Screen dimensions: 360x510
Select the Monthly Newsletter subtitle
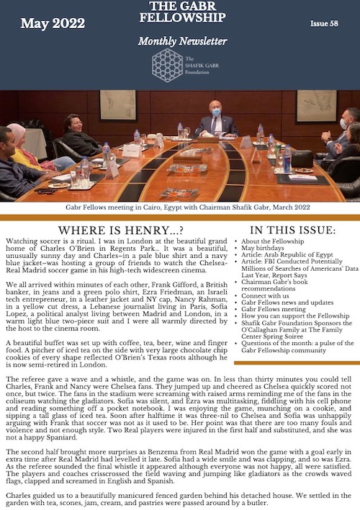point(182,41)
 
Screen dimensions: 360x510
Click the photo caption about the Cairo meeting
point(179,207)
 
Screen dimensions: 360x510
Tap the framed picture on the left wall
point(117,104)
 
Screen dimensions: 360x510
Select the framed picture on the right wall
point(316,105)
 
